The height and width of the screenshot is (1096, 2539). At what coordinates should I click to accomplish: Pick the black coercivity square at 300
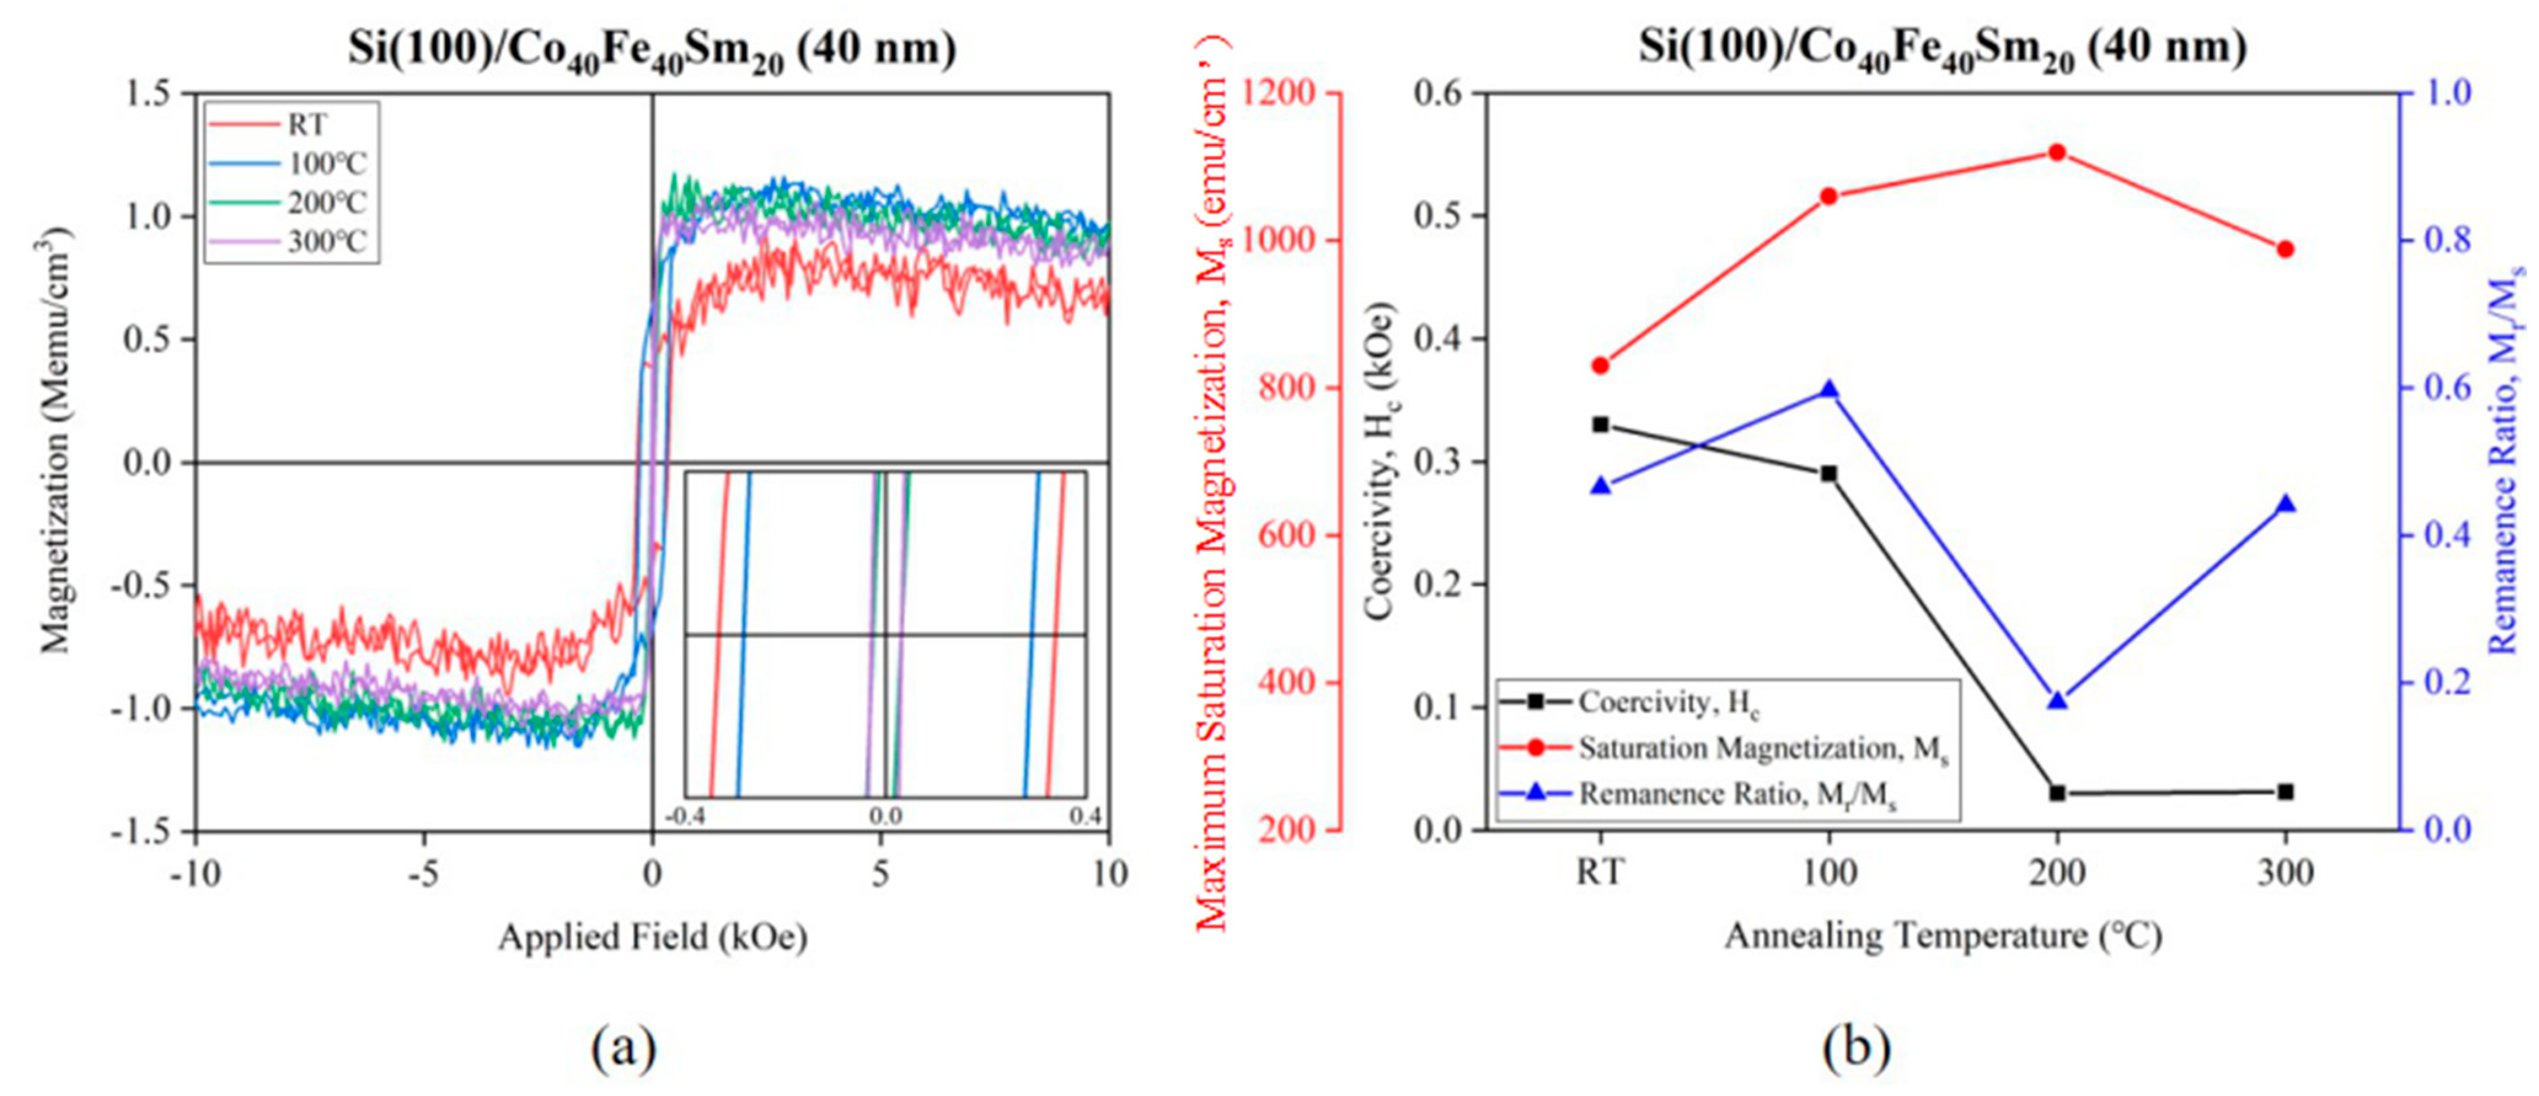click(x=2286, y=792)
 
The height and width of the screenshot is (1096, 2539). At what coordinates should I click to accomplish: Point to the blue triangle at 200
click(x=2057, y=701)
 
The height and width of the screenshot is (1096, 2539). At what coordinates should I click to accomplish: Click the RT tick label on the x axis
click(x=1601, y=873)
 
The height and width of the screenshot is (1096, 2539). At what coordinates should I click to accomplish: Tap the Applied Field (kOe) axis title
click(x=652, y=936)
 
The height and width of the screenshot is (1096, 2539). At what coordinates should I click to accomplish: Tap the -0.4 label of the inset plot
click(x=687, y=817)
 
